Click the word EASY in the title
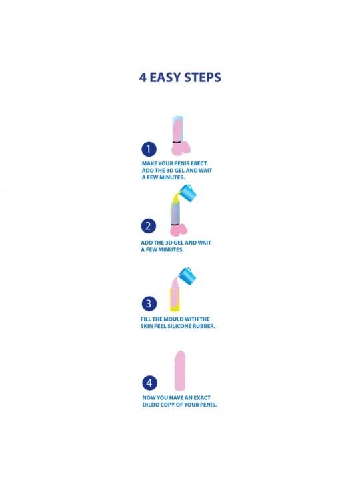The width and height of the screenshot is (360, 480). [x=165, y=77]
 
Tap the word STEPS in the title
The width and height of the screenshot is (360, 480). [x=203, y=77]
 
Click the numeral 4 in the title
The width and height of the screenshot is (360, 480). [x=143, y=77]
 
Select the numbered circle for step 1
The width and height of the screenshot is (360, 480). [x=149, y=149]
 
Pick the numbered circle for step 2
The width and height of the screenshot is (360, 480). [x=149, y=226]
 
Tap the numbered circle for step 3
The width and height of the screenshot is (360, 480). [x=149, y=303]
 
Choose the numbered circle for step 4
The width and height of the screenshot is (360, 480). [x=149, y=383]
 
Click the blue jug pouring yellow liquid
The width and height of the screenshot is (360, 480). [x=187, y=192]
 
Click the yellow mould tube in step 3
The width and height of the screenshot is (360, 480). [x=175, y=299]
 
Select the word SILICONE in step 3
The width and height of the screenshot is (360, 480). [x=180, y=326]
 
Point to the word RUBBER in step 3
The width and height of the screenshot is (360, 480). [x=205, y=326]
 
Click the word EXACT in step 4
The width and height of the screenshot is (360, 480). [x=202, y=397]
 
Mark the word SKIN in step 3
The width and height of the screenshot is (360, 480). [x=147, y=326]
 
